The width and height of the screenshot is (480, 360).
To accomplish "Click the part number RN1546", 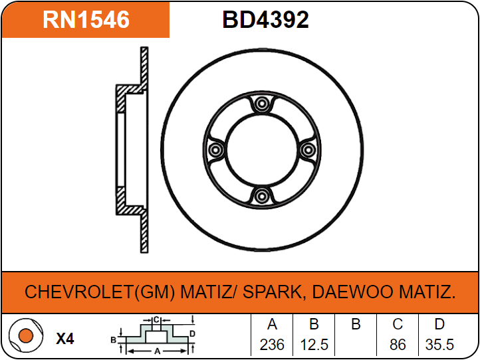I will [x=86, y=20].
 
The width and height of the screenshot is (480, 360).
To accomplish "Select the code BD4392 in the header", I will [x=265, y=20].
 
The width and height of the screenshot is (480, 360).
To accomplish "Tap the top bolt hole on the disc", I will [x=262, y=104].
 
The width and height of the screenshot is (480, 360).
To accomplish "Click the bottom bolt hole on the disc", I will [x=262, y=196].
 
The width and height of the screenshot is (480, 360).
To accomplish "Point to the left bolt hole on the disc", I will [x=215, y=150].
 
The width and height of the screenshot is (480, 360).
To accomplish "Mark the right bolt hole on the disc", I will [x=308, y=150].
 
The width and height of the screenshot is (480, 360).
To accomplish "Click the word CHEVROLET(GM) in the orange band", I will [x=100, y=292].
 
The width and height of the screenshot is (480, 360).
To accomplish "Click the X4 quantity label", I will [x=64, y=339].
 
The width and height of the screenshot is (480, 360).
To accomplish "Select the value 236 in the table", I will [x=272, y=345].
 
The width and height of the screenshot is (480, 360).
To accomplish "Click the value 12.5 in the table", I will [x=314, y=345].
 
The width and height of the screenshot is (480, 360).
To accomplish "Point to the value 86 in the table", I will [x=398, y=345].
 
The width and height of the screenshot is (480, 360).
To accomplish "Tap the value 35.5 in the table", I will [x=439, y=345].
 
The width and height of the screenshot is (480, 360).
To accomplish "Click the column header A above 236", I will [x=272, y=325].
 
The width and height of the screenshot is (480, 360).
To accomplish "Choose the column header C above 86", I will [x=398, y=325].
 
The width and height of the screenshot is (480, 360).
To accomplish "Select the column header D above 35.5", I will [x=439, y=325].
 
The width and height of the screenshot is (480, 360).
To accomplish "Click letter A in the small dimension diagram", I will [x=156, y=350].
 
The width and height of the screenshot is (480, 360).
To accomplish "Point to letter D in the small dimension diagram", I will [x=191, y=333].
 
